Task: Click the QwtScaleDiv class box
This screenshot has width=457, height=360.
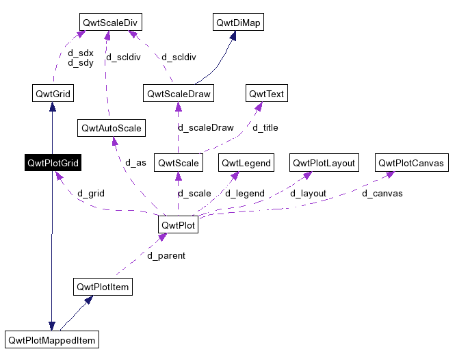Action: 110,23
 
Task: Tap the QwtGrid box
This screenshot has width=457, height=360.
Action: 53,92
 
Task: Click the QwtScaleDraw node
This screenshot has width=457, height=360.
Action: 178,92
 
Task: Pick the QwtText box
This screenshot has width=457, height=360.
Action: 266,92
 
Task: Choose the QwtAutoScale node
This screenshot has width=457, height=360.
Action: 111,128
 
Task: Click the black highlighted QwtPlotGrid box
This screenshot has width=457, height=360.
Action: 53,163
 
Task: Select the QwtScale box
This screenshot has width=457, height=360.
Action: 178,163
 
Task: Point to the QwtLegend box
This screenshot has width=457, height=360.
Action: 246,163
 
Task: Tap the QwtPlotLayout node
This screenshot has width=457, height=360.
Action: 324,163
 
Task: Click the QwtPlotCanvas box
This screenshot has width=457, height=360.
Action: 412,163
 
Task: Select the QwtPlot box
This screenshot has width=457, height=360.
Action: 178,224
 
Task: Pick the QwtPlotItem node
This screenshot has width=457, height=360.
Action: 102,287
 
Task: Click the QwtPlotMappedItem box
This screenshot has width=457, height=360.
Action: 52,339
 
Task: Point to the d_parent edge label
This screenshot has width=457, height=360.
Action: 166,256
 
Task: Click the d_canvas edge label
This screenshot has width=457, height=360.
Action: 382,194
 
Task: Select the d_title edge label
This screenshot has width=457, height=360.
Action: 265,127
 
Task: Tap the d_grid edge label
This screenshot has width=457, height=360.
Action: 90,194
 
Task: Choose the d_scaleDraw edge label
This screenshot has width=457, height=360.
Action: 205,127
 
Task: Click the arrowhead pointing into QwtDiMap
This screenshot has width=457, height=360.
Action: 233,36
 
